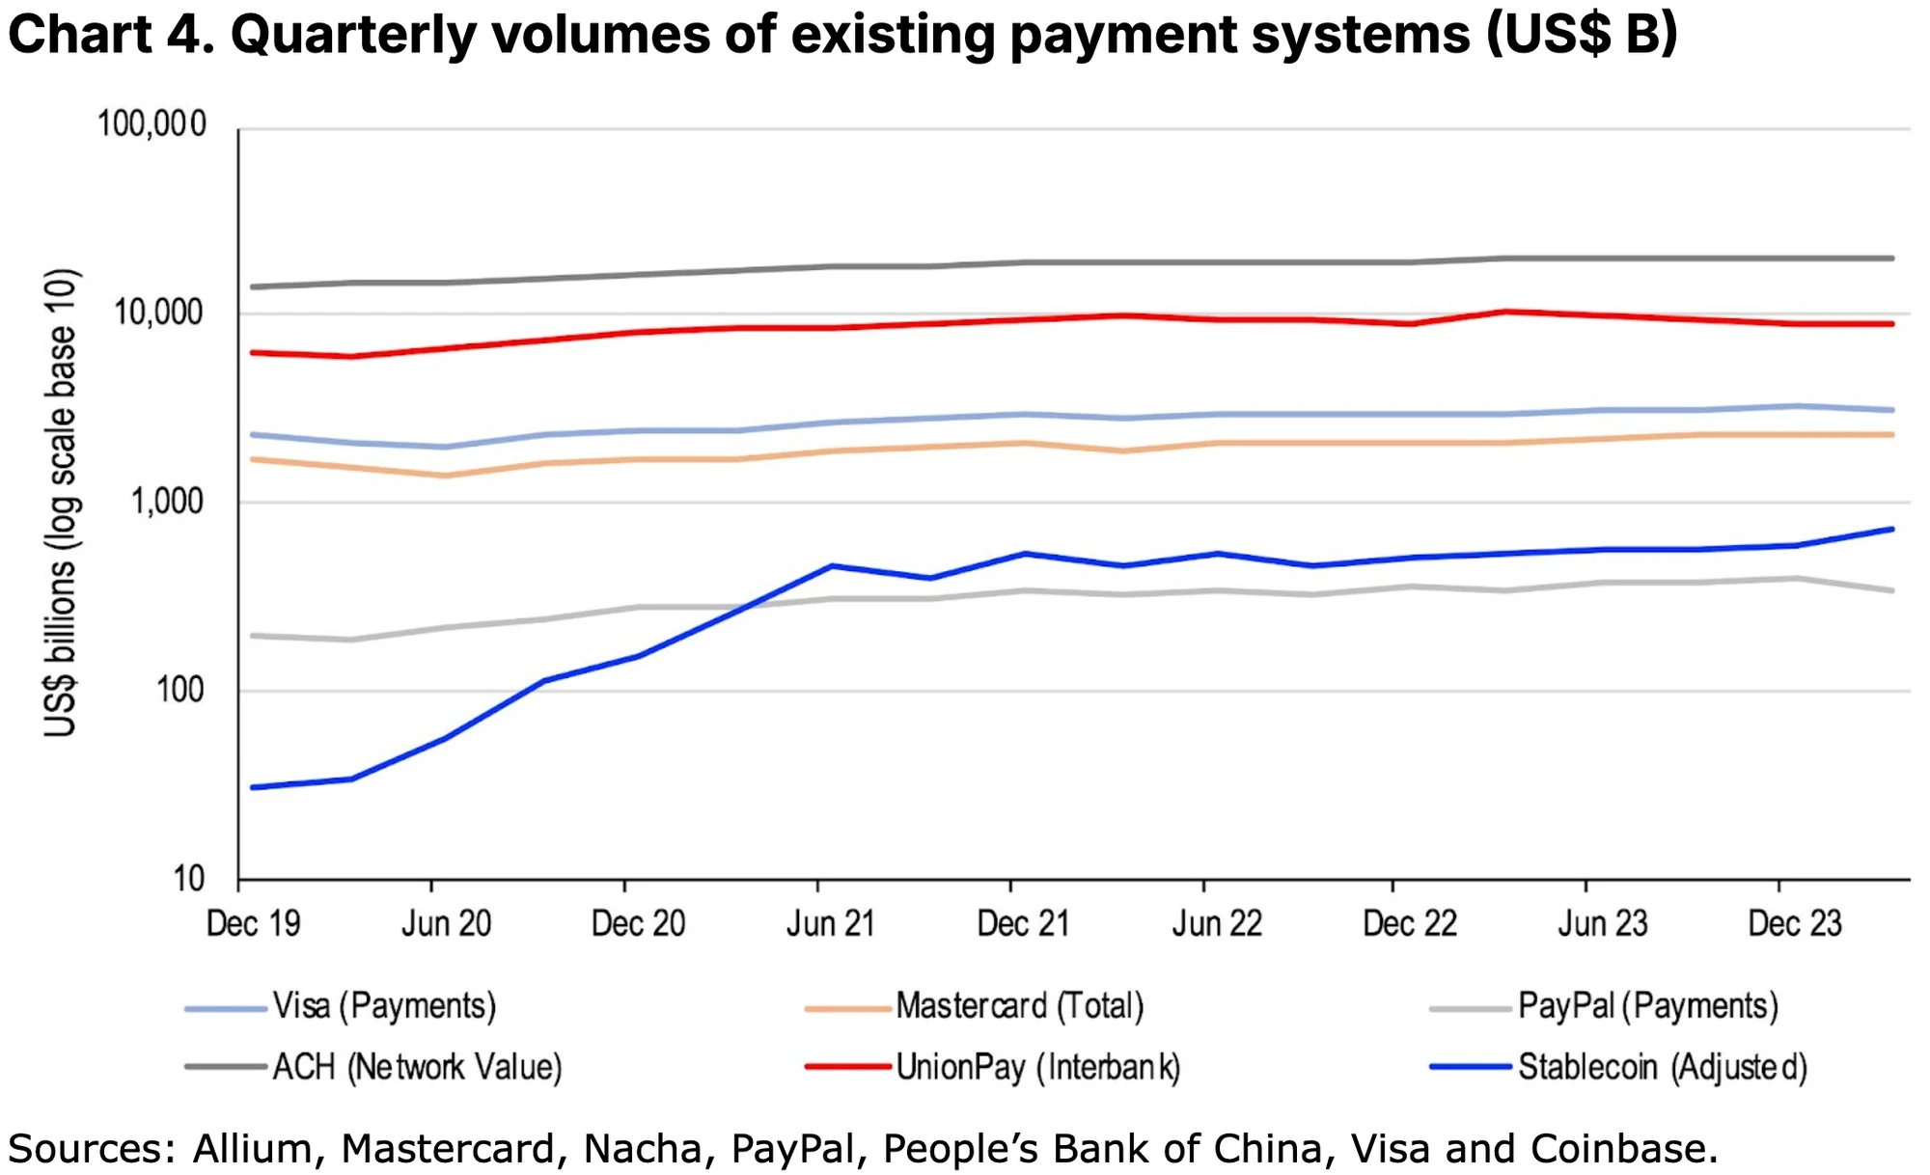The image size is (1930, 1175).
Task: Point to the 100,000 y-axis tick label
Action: [152, 124]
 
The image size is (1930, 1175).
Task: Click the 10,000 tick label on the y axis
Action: [160, 313]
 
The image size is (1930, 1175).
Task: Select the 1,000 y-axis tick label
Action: [168, 502]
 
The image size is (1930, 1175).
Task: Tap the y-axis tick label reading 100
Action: [179, 690]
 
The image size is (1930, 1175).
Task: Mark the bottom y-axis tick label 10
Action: [189, 878]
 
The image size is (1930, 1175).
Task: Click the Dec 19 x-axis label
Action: [253, 923]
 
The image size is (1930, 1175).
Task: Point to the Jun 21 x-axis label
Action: [830, 923]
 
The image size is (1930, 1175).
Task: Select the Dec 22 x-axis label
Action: [1409, 923]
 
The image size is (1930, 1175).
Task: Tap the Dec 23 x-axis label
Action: [1795, 923]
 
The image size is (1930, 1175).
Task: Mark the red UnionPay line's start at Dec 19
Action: [253, 352]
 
